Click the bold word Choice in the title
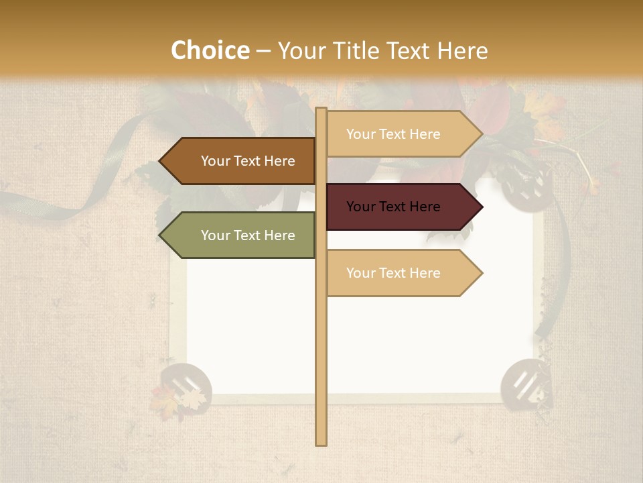pos(210,51)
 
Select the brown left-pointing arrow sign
pos(238,161)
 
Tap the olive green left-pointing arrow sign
pos(238,235)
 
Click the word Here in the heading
pos(462,51)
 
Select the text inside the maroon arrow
pos(393,207)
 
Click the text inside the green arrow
pos(248,235)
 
